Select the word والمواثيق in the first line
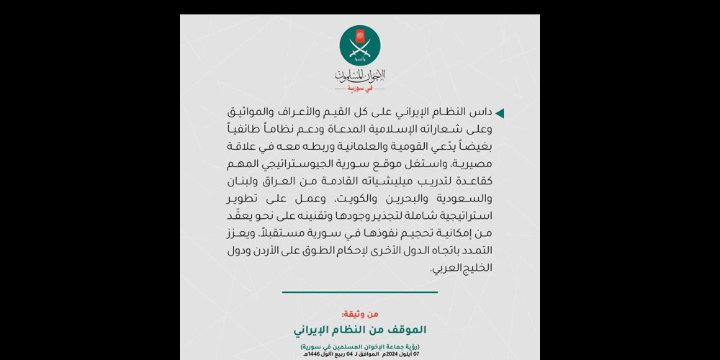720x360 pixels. [251, 114]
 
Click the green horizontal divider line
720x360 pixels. [360, 292]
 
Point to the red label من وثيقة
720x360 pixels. [360, 314]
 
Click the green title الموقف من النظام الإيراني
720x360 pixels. [360, 329]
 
